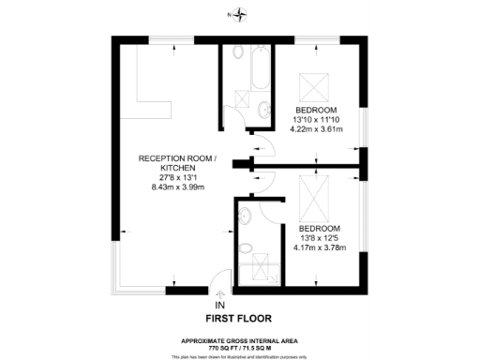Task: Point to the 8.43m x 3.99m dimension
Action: click(177, 188)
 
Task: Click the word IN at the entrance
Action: click(220, 306)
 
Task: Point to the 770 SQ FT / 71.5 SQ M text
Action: click(241, 346)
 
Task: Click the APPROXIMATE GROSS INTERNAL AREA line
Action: click(241, 339)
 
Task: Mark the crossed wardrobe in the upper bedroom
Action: click(313, 86)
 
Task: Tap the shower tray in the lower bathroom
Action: click(254, 272)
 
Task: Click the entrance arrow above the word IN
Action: click(220, 294)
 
